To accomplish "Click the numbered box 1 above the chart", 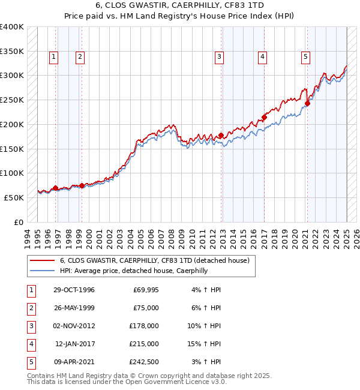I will (x=54, y=57).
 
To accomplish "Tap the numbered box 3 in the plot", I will (x=220, y=57).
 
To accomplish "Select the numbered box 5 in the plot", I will (x=305, y=57).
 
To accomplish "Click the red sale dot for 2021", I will (x=307, y=103).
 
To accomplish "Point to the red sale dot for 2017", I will (x=264, y=117).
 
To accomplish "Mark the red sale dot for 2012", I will (x=221, y=135).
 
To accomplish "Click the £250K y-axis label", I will (x=12, y=100).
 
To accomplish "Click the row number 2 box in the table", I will (x=30, y=308).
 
